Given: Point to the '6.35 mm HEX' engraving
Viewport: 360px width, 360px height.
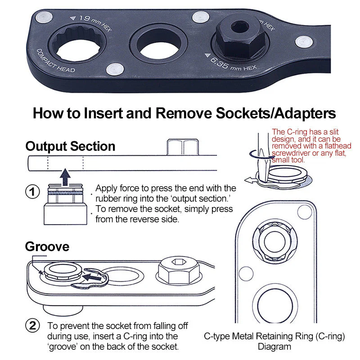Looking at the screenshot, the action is (231, 63).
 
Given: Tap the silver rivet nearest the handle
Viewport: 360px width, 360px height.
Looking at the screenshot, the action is (304, 42).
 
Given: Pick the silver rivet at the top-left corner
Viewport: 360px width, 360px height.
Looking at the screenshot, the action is (44, 17).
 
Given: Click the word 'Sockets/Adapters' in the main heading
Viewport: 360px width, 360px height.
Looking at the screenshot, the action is (275, 113).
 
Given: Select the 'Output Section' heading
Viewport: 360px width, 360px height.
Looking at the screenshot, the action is (70, 146).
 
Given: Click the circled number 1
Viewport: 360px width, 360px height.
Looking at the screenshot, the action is (32, 192).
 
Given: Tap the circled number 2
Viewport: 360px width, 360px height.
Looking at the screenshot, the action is (32, 325).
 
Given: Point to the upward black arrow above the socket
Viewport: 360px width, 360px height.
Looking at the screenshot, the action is (65, 177).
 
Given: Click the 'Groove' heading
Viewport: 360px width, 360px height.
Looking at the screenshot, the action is (47, 247).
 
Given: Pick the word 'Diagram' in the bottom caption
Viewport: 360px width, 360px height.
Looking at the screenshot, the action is (274, 346).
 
